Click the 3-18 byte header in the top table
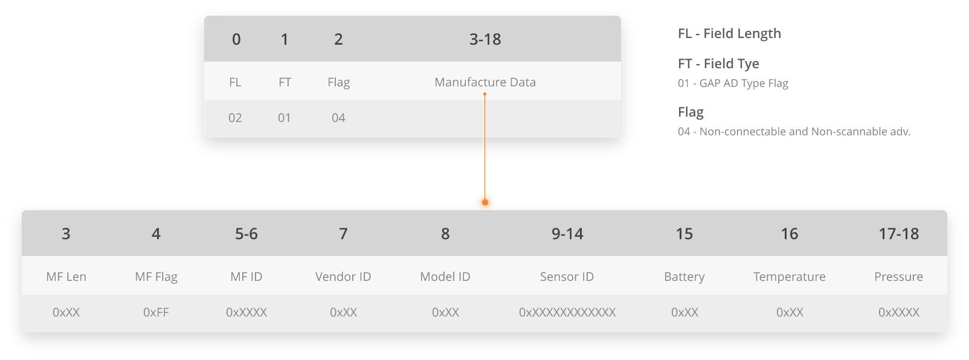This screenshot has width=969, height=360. [x=485, y=39]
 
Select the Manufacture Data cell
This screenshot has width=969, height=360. [x=485, y=82]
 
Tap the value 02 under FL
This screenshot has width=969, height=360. [x=235, y=118]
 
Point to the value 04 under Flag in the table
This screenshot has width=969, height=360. [x=338, y=118]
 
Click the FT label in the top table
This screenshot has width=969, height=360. [x=285, y=82]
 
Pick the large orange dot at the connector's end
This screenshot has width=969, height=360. [x=485, y=202]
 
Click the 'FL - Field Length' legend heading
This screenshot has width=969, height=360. [x=729, y=34]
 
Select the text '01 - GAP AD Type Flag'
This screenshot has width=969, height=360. [x=733, y=83]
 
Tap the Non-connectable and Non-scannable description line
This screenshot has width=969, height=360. [x=794, y=131]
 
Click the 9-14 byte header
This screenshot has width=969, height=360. [x=567, y=234]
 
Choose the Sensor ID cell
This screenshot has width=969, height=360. [x=567, y=277]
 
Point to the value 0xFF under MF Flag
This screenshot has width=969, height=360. [x=156, y=312]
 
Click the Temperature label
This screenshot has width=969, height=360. [x=789, y=277]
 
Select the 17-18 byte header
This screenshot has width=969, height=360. [x=898, y=234]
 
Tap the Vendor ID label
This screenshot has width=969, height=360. [x=343, y=277]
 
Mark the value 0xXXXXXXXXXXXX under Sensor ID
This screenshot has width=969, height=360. [x=567, y=312]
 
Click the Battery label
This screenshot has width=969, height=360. [x=684, y=277]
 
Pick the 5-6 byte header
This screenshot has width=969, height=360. [x=246, y=234]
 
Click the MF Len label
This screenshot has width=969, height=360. [x=66, y=277]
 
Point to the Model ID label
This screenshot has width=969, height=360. [x=445, y=277]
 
